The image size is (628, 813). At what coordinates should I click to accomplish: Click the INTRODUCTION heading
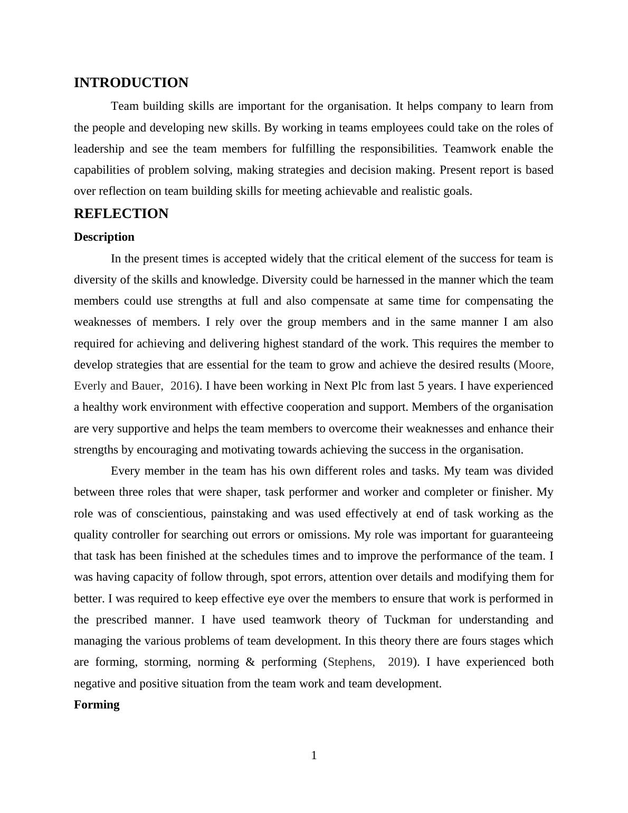pyautogui.click(x=131, y=83)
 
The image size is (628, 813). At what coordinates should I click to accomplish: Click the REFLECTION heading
pyautogui.click(x=121, y=214)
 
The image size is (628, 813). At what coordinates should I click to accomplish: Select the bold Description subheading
pyautogui.click(x=104, y=237)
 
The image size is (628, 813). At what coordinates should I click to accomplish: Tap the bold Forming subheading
pyautogui.click(x=97, y=705)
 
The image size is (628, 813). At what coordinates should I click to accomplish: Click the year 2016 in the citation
pyautogui.click(x=182, y=386)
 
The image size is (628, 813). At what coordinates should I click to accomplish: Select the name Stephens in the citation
pyautogui.click(x=351, y=662)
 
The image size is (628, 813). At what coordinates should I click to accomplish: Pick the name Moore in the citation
pyautogui.click(x=536, y=365)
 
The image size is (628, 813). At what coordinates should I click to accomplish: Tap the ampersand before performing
pyautogui.click(x=250, y=662)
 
